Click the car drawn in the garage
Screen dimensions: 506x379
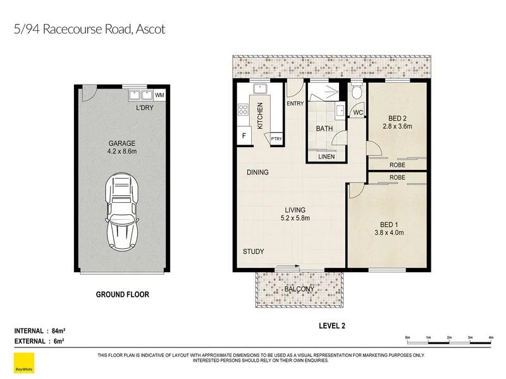[x=122, y=212]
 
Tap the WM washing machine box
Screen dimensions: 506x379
[x=159, y=95]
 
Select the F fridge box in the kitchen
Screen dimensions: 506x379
[x=244, y=136]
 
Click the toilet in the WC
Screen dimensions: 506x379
[x=356, y=92]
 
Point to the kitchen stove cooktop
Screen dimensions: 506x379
[x=243, y=109]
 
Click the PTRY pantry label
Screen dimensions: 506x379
[x=276, y=139]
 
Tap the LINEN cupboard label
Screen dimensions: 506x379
[x=326, y=157]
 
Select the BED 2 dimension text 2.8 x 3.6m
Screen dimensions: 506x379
[x=397, y=126]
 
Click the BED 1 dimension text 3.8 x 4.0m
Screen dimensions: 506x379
[x=389, y=232]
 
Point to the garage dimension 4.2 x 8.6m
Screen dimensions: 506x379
[x=122, y=151]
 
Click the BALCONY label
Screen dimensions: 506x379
[x=299, y=289]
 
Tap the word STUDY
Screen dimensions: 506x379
[x=254, y=251]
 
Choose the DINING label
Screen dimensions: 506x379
[x=257, y=172]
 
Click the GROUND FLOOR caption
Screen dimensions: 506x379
[x=123, y=294]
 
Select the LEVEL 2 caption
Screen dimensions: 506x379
[x=332, y=326]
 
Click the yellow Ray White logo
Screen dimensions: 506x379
[x=24, y=363]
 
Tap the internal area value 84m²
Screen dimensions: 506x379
[x=59, y=330]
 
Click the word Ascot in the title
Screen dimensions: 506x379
[x=151, y=29]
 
